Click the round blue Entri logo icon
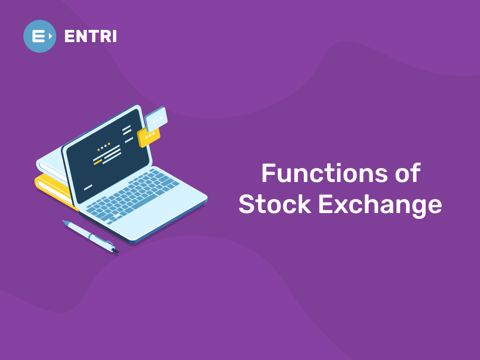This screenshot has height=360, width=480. (x=40, y=36)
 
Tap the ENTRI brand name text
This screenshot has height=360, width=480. (x=91, y=36)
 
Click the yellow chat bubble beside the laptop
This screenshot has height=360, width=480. (x=149, y=136)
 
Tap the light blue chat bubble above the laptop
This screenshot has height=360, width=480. (x=156, y=119)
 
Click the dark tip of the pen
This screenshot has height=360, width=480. (x=114, y=251)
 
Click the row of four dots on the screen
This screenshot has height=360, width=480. (x=104, y=146)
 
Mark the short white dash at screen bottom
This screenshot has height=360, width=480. (x=88, y=188)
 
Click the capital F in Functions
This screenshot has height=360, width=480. (x=268, y=174)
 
